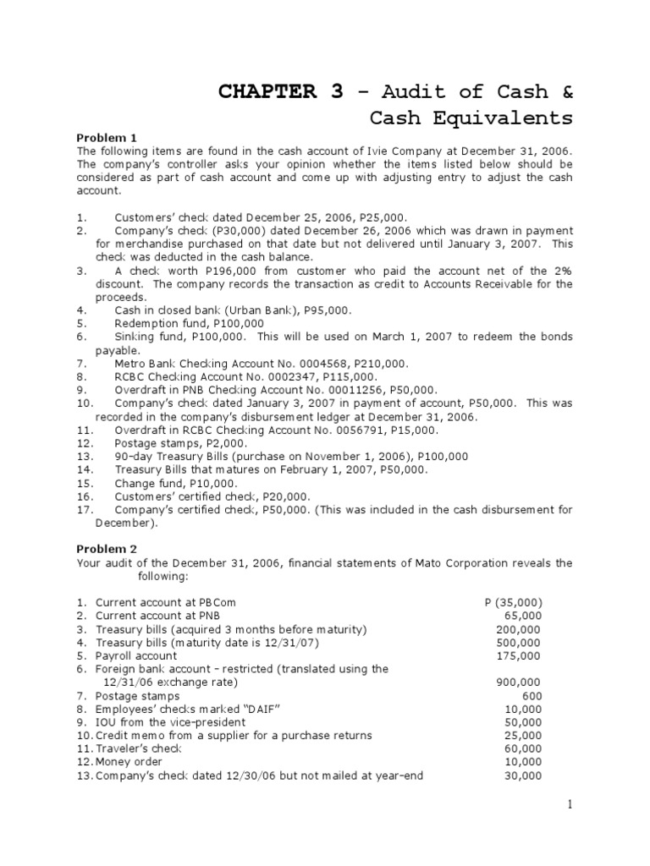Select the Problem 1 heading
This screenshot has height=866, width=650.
coord(107,137)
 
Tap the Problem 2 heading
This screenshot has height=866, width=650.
coord(107,550)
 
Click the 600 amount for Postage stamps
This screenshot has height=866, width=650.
coord(532,695)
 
